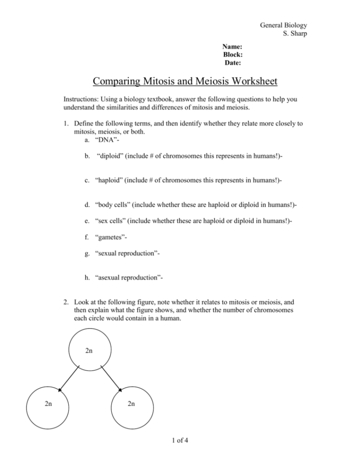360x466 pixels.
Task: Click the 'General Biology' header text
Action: pyautogui.click(x=284, y=25)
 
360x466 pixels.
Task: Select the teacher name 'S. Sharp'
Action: pyautogui.click(x=296, y=34)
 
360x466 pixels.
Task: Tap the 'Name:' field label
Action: pyautogui.click(x=232, y=47)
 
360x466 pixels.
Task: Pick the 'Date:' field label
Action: pyautogui.click(x=233, y=62)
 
